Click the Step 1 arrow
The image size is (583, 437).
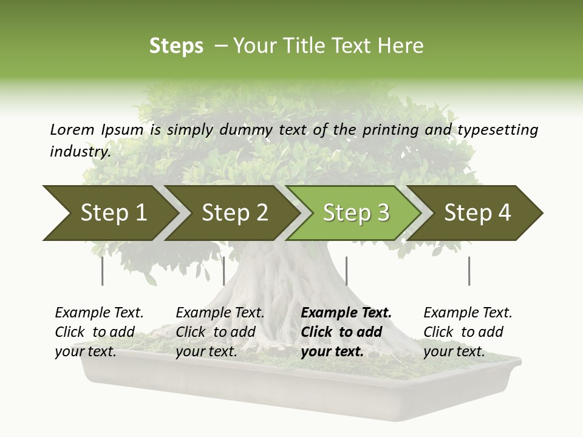pos(113,213)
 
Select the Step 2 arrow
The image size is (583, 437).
pos(234,213)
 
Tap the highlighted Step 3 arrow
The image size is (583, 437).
pos(356,213)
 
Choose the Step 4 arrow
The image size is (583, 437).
pos(477,213)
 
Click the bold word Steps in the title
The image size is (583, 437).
pos(176,46)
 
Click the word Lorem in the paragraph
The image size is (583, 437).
pos(72,129)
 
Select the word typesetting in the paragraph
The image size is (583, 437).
pos(497,130)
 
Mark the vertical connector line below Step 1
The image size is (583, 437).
pos(103,271)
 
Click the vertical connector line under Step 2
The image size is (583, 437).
pos(224,271)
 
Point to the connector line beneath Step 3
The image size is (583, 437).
pos(346,271)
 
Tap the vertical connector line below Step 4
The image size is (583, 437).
pos(469,271)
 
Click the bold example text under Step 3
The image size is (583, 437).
pos(346,332)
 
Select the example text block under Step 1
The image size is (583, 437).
pos(99,332)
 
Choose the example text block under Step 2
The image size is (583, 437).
pos(220,332)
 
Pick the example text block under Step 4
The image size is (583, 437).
pos(468,332)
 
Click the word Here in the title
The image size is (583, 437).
pos(400,46)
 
